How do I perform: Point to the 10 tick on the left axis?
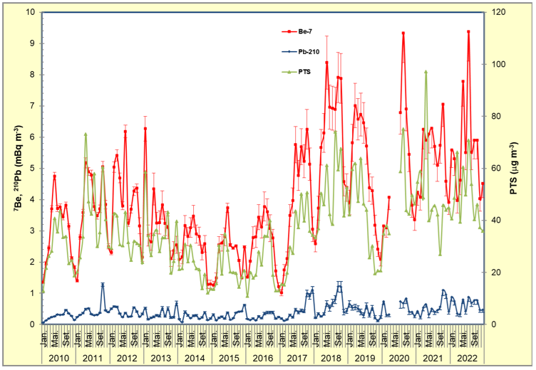coord(30,12)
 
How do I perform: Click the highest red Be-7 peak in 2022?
coord(468,31)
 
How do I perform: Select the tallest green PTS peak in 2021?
coord(426,72)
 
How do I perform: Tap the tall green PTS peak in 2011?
coord(86,134)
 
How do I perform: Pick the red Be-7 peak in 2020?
coord(403,33)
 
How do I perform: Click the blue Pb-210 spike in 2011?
coord(103,285)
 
